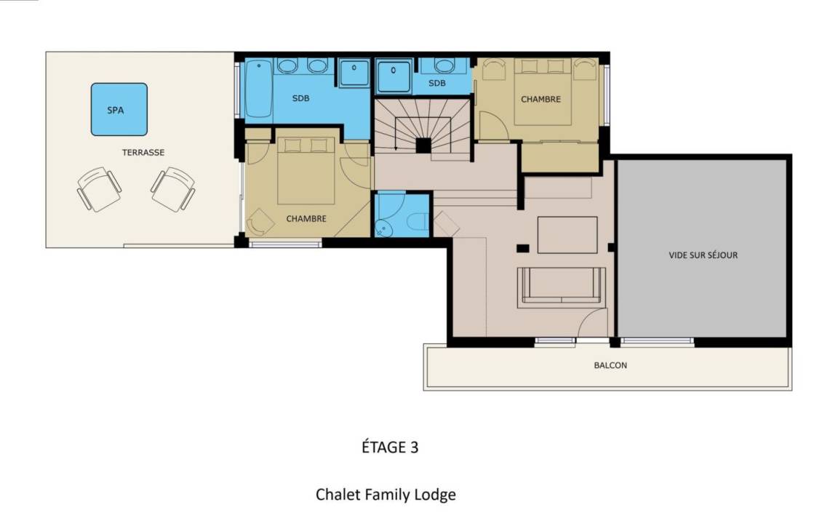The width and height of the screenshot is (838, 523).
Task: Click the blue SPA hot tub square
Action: click(119, 109)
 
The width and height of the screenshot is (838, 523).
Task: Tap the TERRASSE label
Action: click(143, 152)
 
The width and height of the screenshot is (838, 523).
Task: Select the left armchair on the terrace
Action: click(99, 189)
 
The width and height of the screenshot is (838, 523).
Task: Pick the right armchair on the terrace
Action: click(173, 189)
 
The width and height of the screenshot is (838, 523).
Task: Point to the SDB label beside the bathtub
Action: click(301, 98)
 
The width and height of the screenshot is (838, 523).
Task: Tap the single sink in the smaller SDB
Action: click(444, 65)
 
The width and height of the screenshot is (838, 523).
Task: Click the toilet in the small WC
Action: click(418, 220)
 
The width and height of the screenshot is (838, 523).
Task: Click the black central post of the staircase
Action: click(423, 145)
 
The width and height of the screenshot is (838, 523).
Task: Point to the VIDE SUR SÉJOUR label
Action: click(703, 255)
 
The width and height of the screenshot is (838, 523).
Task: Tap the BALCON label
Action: click(610, 365)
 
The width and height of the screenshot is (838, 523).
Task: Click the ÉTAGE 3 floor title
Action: click(390, 447)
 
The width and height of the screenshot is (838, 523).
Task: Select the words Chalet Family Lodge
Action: click(386, 495)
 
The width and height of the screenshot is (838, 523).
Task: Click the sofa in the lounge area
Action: click(562, 287)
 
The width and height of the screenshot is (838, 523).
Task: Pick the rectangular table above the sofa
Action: click(567, 234)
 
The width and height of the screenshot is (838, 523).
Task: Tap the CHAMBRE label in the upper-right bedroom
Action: click(541, 100)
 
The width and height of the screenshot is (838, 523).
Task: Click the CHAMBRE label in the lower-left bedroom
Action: click(306, 218)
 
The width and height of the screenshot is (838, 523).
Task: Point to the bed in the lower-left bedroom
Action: click(306, 170)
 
